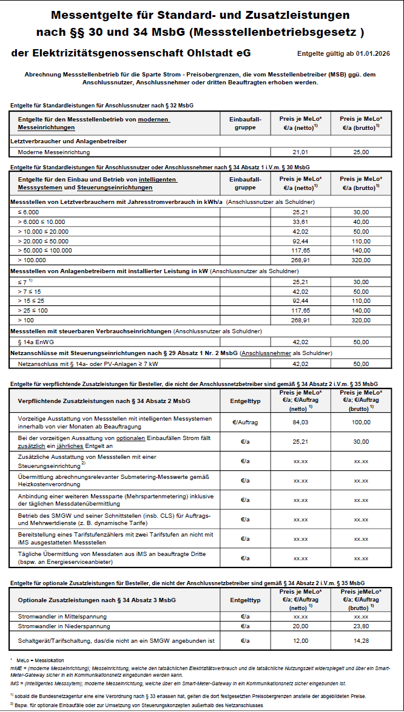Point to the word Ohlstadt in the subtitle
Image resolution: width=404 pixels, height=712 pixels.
tap(198, 53)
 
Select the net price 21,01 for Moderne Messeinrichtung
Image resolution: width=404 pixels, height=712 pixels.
tap(300, 152)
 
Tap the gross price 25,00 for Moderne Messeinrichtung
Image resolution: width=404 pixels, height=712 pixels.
tap(361, 152)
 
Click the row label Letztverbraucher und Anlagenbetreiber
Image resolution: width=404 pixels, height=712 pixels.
tap(69, 141)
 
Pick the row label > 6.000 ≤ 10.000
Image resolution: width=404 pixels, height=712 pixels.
tap(41, 222)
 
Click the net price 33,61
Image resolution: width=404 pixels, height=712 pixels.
tap(300, 222)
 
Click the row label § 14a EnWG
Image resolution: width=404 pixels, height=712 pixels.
tap(38, 342)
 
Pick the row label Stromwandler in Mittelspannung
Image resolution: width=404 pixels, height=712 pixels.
tap(62, 616)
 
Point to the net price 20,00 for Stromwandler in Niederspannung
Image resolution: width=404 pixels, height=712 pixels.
tap(300, 626)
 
